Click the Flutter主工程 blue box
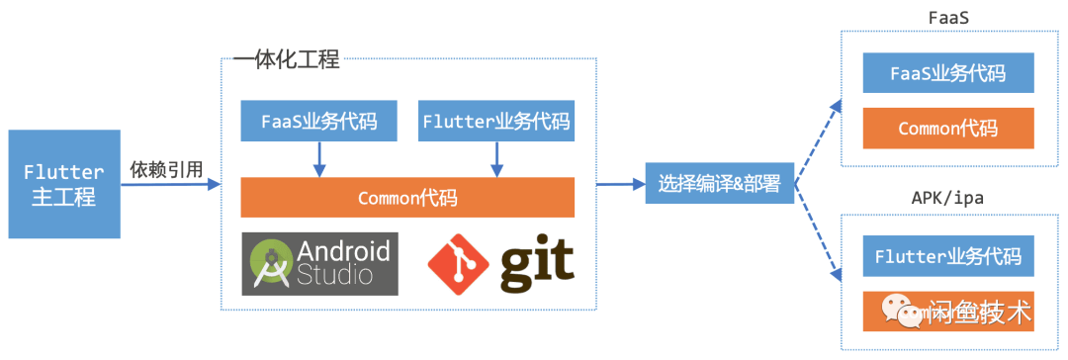coord(63,183)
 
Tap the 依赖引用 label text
coord(166,170)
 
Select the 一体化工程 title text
coord(286,59)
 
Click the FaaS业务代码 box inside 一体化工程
coord(318,121)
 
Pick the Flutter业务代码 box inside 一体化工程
coord(495,121)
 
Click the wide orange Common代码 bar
coord(407,197)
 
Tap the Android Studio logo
coord(319,263)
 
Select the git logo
coord(500,262)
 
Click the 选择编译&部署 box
coord(719,184)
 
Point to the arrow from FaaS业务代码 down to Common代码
coord(318,158)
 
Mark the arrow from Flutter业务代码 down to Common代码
coord(495,158)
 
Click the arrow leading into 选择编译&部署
coord(620,184)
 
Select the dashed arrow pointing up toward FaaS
coord(818,138)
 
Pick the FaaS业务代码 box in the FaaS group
coord(947,73)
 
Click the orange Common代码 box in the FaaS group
coord(947,129)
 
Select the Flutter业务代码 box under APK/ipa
coord(947,256)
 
